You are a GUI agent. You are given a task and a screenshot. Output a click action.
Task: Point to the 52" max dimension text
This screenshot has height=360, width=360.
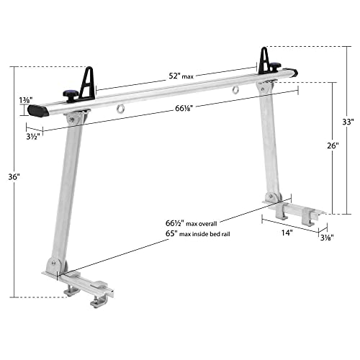pyautogui.click(x=174, y=74)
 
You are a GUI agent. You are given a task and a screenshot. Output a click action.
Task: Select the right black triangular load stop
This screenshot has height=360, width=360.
pyautogui.click(x=264, y=59)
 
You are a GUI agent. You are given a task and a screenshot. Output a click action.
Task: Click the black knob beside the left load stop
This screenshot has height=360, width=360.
pyautogui.click(x=69, y=94)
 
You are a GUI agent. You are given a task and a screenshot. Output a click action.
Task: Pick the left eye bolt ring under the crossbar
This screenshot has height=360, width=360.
pyautogui.click(x=119, y=111)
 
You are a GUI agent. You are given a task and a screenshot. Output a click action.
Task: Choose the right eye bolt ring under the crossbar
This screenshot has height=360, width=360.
pyautogui.click(x=234, y=91)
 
